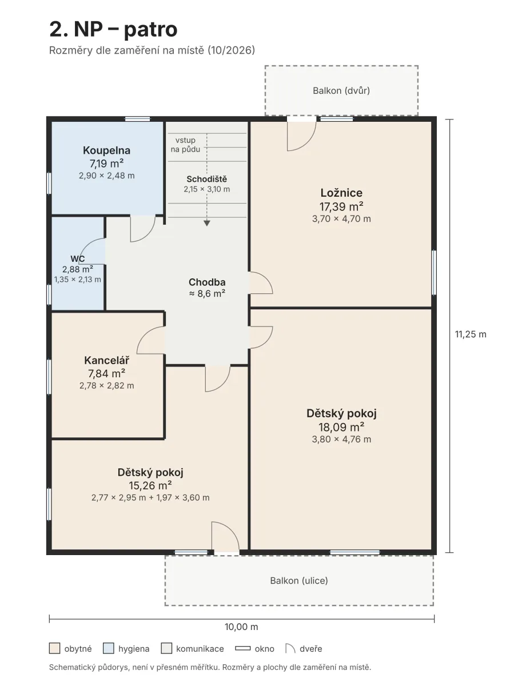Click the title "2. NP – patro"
click(x=113, y=29)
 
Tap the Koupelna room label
click(x=106, y=150)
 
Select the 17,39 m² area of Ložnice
click(x=341, y=206)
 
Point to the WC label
click(x=78, y=259)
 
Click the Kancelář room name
click(x=106, y=360)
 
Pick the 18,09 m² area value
click(x=341, y=426)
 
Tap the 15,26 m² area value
click(x=150, y=485)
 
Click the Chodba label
click(x=207, y=282)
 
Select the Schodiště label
click(x=207, y=179)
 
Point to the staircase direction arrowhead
click(x=207, y=223)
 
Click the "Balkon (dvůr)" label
click(x=341, y=91)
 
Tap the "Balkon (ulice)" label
click(x=299, y=581)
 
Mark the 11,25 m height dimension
click(x=471, y=334)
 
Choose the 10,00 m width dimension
click(x=241, y=627)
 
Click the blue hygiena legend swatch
click(x=109, y=648)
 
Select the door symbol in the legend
click(x=290, y=648)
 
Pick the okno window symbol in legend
click(x=243, y=648)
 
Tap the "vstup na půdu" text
click(x=185, y=145)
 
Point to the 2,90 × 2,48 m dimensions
click(x=106, y=176)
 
